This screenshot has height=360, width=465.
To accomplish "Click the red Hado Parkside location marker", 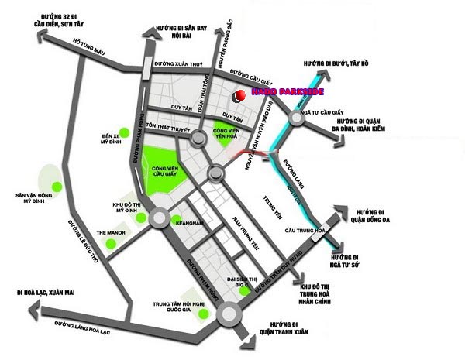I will click(x=240, y=94).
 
